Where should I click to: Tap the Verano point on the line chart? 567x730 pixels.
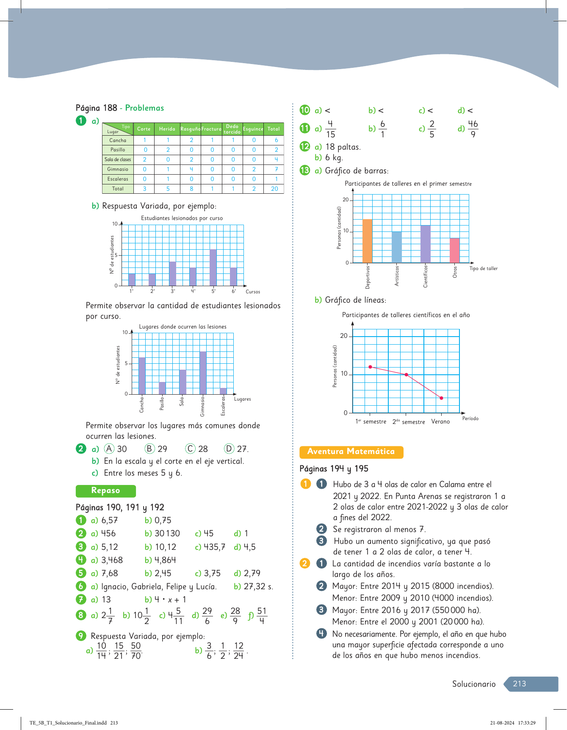coord(441,398)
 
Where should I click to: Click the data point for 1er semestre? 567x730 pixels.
coord(370,367)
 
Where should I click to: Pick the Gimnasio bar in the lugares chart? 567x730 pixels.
coord(203,373)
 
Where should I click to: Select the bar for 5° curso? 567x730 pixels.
coord(213,267)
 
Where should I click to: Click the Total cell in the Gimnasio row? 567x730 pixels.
coord(276,169)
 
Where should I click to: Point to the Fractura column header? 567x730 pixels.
coord(211,129)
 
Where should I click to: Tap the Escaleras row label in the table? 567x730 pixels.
coord(118,179)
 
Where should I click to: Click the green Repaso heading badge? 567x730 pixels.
coord(105,490)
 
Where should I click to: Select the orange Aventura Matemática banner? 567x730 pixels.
coord(351,452)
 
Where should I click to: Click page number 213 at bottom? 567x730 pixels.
coord(520,684)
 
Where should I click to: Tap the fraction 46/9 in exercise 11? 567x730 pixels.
coord(473,128)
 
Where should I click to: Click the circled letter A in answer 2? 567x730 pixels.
coord(109,449)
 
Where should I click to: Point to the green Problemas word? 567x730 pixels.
coord(144,108)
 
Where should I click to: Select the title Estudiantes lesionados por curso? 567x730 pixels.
coord(182,218)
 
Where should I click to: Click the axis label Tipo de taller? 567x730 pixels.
coord(483,268)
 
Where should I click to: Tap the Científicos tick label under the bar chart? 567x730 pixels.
coord(426,276)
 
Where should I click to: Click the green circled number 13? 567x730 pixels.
coord(305,170)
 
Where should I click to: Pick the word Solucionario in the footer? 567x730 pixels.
coord(473,684)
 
